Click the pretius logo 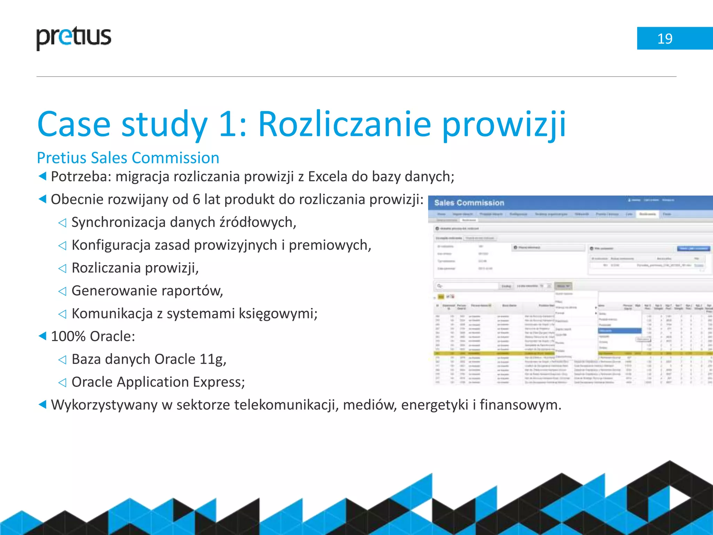click(74, 38)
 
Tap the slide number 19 click(665, 39)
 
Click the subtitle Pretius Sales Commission click(128, 158)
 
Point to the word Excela click(328, 177)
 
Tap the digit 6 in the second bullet click(196, 200)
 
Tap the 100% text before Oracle click(68, 336)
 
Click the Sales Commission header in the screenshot click(469, 203)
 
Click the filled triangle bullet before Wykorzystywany click(42, 405)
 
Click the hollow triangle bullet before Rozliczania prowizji click(62, 268)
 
